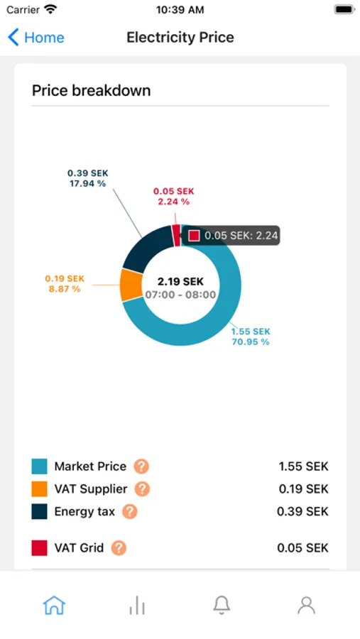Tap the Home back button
[36, 38]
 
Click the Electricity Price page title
[180, 38]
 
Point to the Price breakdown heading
[92, 90]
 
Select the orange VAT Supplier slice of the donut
[131, 285]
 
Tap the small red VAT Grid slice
[176, 236]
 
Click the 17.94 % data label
[87, 183]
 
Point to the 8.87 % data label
[65, 290]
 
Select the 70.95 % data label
[251, 342]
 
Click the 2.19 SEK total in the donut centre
[180, 282]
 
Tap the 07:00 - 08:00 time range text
[180, 295]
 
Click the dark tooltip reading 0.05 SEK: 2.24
[231, 236]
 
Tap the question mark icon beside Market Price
[141, 466]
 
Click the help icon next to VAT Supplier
[142, 489]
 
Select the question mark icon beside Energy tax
[130, 512]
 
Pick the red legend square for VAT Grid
[39, 548]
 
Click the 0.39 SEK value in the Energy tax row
[302, 512]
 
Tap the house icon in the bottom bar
[54, 605]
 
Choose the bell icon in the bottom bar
[222, 605]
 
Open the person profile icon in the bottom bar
[306, 605]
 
